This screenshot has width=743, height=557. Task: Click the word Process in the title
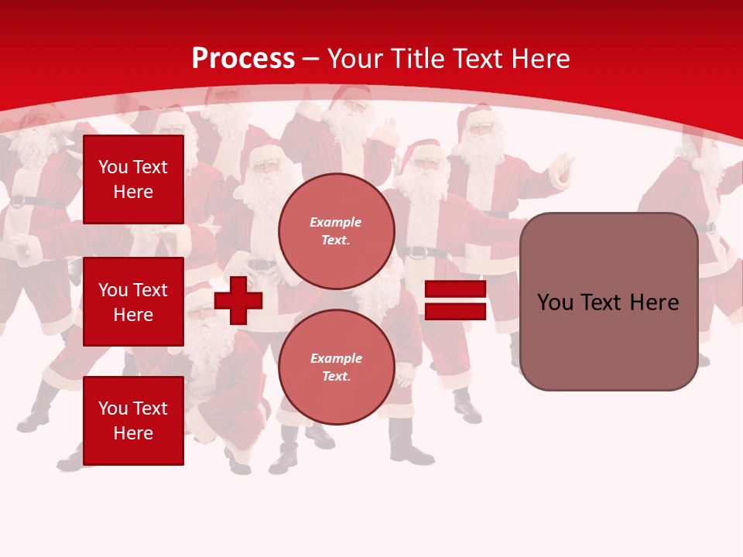[x=243, y=59]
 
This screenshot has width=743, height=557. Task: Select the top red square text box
[x=133, y=179]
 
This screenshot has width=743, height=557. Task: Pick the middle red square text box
[x=133, y=302]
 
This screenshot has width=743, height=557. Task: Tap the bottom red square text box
[x=133, y=420]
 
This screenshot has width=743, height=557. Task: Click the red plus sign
[x=238, y=300]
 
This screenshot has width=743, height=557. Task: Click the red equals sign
[x=455, y=300]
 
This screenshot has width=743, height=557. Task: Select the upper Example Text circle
[x=336, y=231]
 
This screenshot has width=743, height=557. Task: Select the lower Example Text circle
[x=336, y=367]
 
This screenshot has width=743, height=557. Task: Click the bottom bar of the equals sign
[x=455, y=311]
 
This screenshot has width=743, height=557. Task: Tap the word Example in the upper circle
[x=335, y=222]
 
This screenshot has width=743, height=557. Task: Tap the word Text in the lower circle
[x=335, y=376]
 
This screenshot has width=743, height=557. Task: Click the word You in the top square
[x=113, y=167]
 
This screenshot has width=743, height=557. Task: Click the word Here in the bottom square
[x=133, y=433]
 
